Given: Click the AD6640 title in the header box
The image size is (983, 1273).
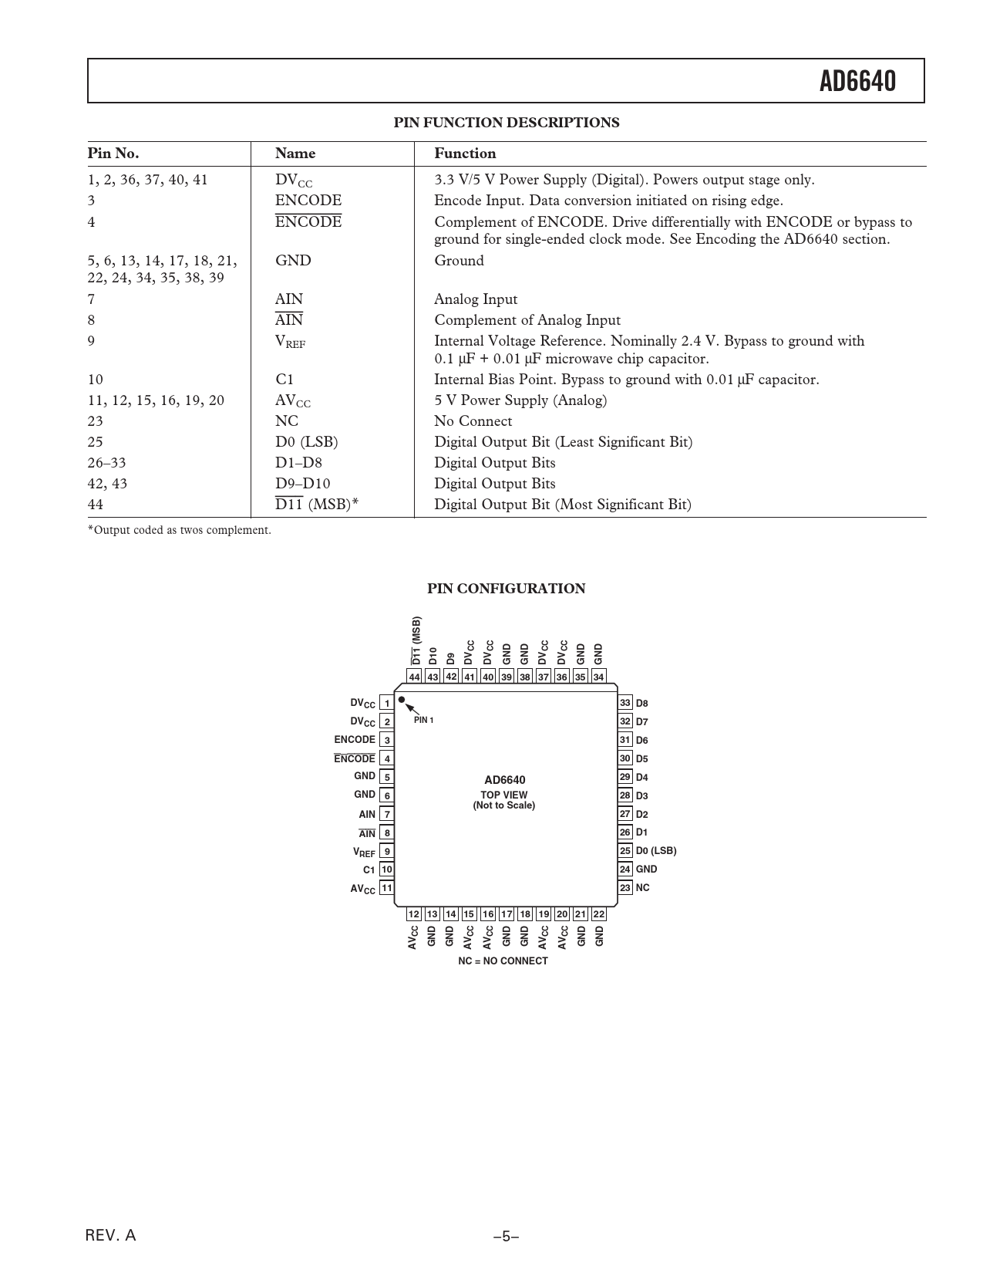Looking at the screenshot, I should tap(857, 81).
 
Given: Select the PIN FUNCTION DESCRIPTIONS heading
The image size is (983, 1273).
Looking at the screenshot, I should tap(506, 123).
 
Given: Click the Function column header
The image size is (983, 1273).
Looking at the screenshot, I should tap(465, 154).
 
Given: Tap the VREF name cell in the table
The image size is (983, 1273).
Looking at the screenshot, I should tap(290, 342).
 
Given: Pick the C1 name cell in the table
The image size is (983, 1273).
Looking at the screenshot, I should tap(284, 380).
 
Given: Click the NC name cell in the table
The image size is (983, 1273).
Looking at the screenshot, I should tap(287, 421).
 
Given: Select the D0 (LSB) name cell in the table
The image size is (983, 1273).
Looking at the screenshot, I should tap(306, 442).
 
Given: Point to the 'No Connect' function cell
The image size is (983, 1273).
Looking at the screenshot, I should tap(473, 421).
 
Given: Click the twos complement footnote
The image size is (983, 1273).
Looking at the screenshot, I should tap(179, 530).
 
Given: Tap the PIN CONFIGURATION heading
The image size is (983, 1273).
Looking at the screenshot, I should tap(506, 589).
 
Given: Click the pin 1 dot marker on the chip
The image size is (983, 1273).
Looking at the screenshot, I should tap(402, 700).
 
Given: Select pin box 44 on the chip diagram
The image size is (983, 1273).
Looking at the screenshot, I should tap(415, 677).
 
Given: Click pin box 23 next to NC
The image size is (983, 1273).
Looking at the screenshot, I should tap(625, 888).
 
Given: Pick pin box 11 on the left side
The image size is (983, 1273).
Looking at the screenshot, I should tap(387, 888).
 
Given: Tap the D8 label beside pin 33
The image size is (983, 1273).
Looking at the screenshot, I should tap(642, 704).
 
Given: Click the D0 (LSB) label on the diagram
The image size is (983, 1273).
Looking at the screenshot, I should tap(656, 851).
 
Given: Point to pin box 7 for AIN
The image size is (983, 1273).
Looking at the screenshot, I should tap(387, 814).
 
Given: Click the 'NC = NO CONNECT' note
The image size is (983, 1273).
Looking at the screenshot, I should tap(503, 961).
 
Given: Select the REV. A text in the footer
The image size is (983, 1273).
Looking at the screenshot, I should tap(110, 1235).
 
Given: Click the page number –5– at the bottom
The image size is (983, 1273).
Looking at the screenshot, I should tap(506, 1236).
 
